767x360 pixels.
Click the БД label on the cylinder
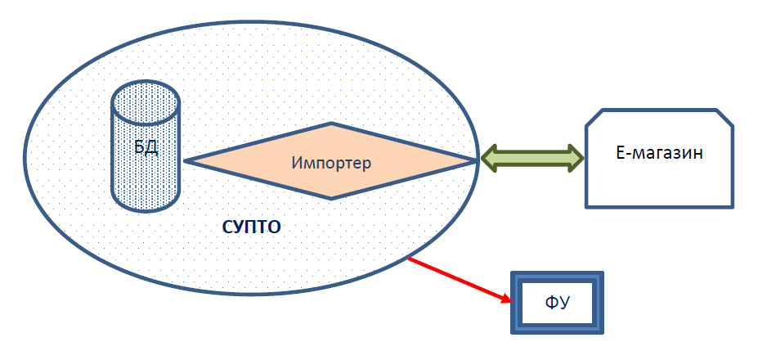[x=146, y=147]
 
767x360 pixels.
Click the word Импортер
[x=331, y=163]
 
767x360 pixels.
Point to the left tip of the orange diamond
[x=186, y=161]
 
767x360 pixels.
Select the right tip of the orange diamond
[x=476, y=161]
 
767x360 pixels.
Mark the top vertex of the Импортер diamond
[x=332, y=124]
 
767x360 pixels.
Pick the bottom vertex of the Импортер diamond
[x=332, y=198]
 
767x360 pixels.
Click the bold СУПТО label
[x=251, y=227]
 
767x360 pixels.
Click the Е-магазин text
[x=658, y=153]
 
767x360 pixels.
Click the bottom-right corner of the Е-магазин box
[x=733, y=205]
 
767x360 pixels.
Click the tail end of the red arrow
[x=409, y=259]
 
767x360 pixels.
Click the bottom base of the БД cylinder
[x=146, y=205]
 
